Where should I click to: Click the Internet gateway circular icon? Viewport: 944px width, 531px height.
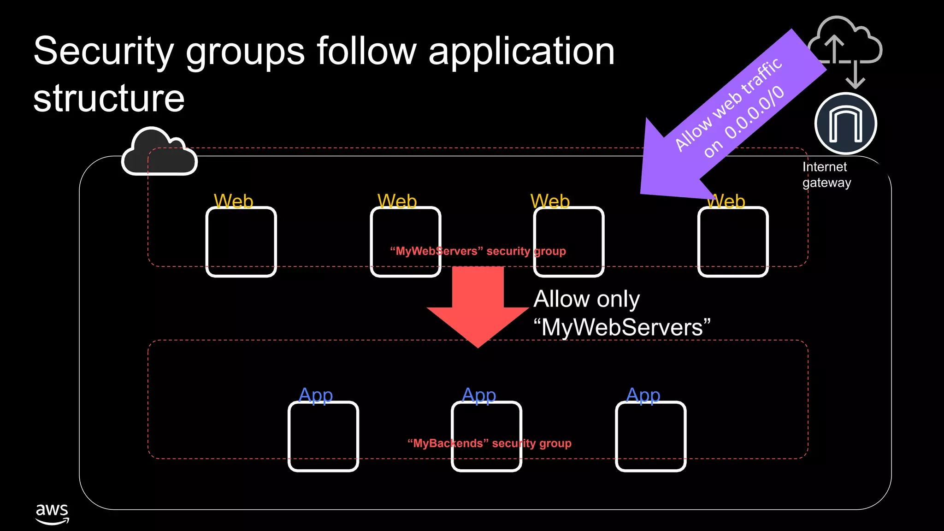(845, 124)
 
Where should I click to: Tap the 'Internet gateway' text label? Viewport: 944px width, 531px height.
(826, 175)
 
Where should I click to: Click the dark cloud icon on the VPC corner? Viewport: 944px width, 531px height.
(159, 152)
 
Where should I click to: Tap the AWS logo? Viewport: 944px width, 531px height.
(52, 513)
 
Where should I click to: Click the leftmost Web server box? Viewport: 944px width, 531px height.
(241, 242)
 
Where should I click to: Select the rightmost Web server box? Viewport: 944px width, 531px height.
(733, 242)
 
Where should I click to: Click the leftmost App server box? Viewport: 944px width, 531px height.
(323, 436)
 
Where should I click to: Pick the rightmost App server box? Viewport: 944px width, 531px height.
(650, 436)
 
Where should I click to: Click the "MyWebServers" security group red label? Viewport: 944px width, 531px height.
(478, 251)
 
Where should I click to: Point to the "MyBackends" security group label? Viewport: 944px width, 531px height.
(489, 443)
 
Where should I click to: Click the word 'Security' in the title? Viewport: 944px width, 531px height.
(103, 52)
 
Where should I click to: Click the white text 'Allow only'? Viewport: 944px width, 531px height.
(586, 299)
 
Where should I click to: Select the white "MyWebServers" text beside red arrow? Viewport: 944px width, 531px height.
(622, 328)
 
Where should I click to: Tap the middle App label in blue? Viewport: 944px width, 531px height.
(479, 395)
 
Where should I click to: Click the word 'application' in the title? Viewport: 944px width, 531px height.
(521, 52)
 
